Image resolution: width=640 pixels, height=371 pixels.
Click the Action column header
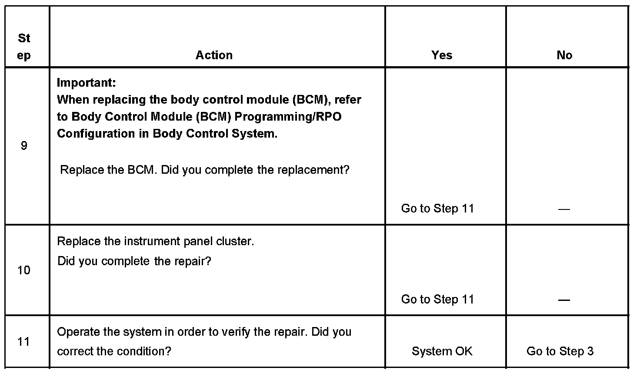tap(214, 55)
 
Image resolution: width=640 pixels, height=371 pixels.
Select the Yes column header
tap(442, 55)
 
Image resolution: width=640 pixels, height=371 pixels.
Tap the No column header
tap(564, 55)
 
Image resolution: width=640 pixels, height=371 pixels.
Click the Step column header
tap(24, 47)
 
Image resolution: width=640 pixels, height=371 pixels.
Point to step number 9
tap(24, 145)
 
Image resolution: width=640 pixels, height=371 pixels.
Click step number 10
tap(24, 270)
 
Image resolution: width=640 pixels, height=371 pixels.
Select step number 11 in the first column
tap(24, 342)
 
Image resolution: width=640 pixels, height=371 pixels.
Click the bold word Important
tap(86, 82)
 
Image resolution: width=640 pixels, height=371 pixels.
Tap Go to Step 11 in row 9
tap(437, 209)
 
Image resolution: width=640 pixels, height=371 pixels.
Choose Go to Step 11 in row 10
tap(437, 300)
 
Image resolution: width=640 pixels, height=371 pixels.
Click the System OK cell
tap(442, 351)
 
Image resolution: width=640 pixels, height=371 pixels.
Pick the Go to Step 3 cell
tap(560, 351)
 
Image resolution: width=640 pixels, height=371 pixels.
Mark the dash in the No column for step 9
tap(564, 209)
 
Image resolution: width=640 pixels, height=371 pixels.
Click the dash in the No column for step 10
tap(564, 300)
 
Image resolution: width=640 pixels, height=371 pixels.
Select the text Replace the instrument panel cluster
tap(156, 241)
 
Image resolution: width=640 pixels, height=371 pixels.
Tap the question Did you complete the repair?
tap(134, 261)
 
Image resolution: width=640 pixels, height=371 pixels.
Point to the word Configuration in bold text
tap(96, 134)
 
